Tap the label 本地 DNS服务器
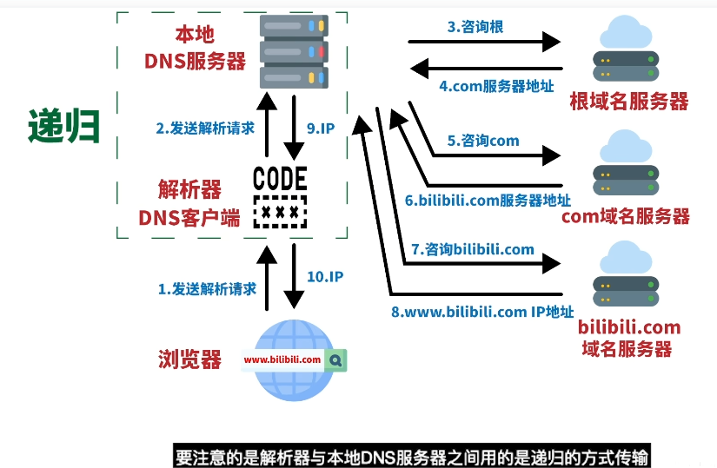pos(195,48)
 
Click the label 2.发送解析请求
pos(205,129)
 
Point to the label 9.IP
pos(321,129)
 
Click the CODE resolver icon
pos(280,196)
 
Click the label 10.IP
pos(326,277)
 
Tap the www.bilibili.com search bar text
pos(282,359)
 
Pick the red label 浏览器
pos(189,359)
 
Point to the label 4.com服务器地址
pos(496,86)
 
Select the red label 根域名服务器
pos(628,101)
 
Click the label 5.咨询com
pos(483,141)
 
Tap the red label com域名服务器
pos(626,216)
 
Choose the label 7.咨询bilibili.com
pos(473,249)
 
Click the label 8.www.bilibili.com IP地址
pos(482,312)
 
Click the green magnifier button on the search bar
pos(336,359)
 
